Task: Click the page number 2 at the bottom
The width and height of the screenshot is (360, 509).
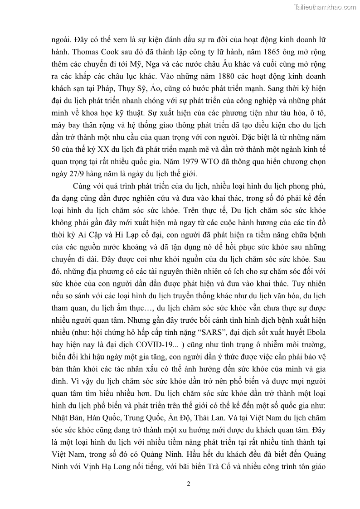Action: coord(189,483)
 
